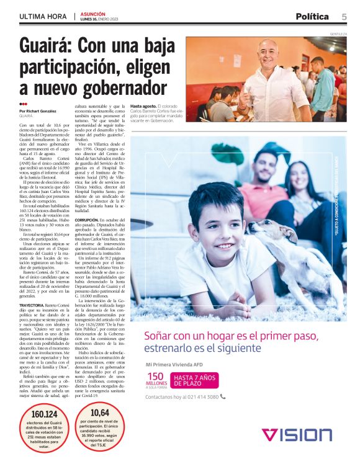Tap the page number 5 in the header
click(344, 17)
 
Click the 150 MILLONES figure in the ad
click(156, 378)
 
